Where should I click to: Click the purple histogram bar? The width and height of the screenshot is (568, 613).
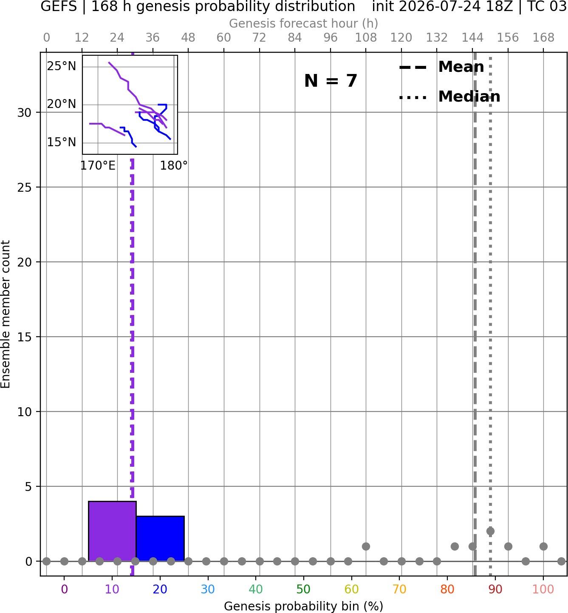point(112,531)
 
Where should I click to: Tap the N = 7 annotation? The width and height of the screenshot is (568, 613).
point(331,81)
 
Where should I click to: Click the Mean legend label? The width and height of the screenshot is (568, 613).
point(461,67)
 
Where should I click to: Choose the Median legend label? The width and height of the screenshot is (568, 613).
point(469,96)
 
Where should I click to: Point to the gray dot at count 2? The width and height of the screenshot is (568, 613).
point(490,531)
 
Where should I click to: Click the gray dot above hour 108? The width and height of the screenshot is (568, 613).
point(366,546)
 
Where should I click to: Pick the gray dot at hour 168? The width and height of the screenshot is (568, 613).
point(543,546)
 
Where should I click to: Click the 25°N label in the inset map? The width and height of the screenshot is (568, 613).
point(62,66)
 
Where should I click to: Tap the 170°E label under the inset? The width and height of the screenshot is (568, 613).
point(98,166)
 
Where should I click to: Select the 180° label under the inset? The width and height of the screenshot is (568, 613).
point(174,166)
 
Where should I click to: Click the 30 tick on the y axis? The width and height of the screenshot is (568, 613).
point(25,113)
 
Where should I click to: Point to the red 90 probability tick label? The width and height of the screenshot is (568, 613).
point(495,589)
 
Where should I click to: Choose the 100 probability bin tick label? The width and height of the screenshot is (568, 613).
point(543,589)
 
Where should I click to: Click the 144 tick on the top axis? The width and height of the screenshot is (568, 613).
point(472,38)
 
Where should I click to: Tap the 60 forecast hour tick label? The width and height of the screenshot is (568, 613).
point(224,38)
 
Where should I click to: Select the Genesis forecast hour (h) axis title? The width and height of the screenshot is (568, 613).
point(304,23)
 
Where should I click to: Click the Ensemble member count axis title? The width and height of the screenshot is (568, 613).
point(5,314)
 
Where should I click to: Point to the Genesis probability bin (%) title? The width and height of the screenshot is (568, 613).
point(304,606)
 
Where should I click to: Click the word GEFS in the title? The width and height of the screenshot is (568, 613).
point(59,6)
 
